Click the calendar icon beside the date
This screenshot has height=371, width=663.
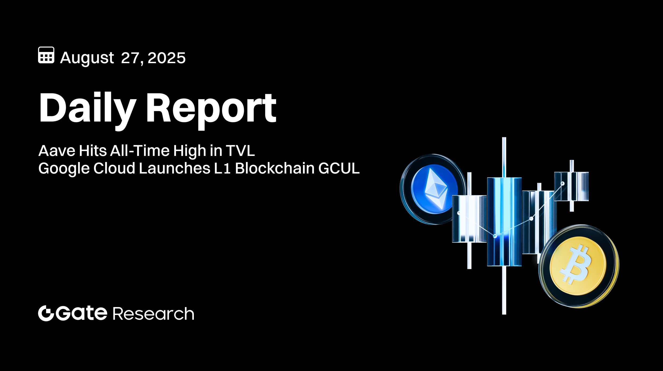pyautogui.click(x=46, y=55)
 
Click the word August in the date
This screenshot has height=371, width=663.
pyautogui.click(x=87, y=58)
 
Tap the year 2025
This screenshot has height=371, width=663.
pyautogui.click(x=166, y=58)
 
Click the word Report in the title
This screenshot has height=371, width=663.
pyautogui.click(x=211, y=108)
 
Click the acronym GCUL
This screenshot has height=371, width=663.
pyautogui.click(x=339, y=168)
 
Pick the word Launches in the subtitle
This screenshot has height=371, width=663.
pyautogui.click(x=174, y=168)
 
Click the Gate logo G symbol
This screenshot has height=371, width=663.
pyautogui.click(x=46, y=313)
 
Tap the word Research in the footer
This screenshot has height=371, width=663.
pyautogui.click(x=154, y=314)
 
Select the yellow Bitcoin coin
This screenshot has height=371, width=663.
pyautogui.click(x=578, y=266)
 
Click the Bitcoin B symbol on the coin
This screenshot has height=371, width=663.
pyautogui.click(x=576, y=264)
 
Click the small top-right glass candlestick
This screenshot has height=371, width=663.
pyautogui.click(x=571, y=186)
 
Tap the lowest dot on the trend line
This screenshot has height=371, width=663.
pyautogui.click(x=495, y=236)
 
